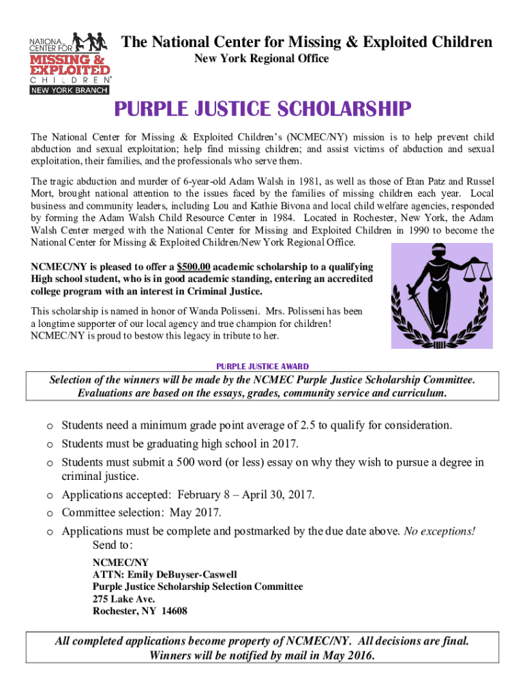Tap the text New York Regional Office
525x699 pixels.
pyautogui.click(x=262, y=59)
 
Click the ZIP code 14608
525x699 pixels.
pyautogui.click(x=172, y=611)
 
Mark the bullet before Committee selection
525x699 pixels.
pyautogui.click(x=50, y=513)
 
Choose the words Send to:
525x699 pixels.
pyautogui.click(x=112, y=545)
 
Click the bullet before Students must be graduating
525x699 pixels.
pyautogui.click(x=50, y=444)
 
